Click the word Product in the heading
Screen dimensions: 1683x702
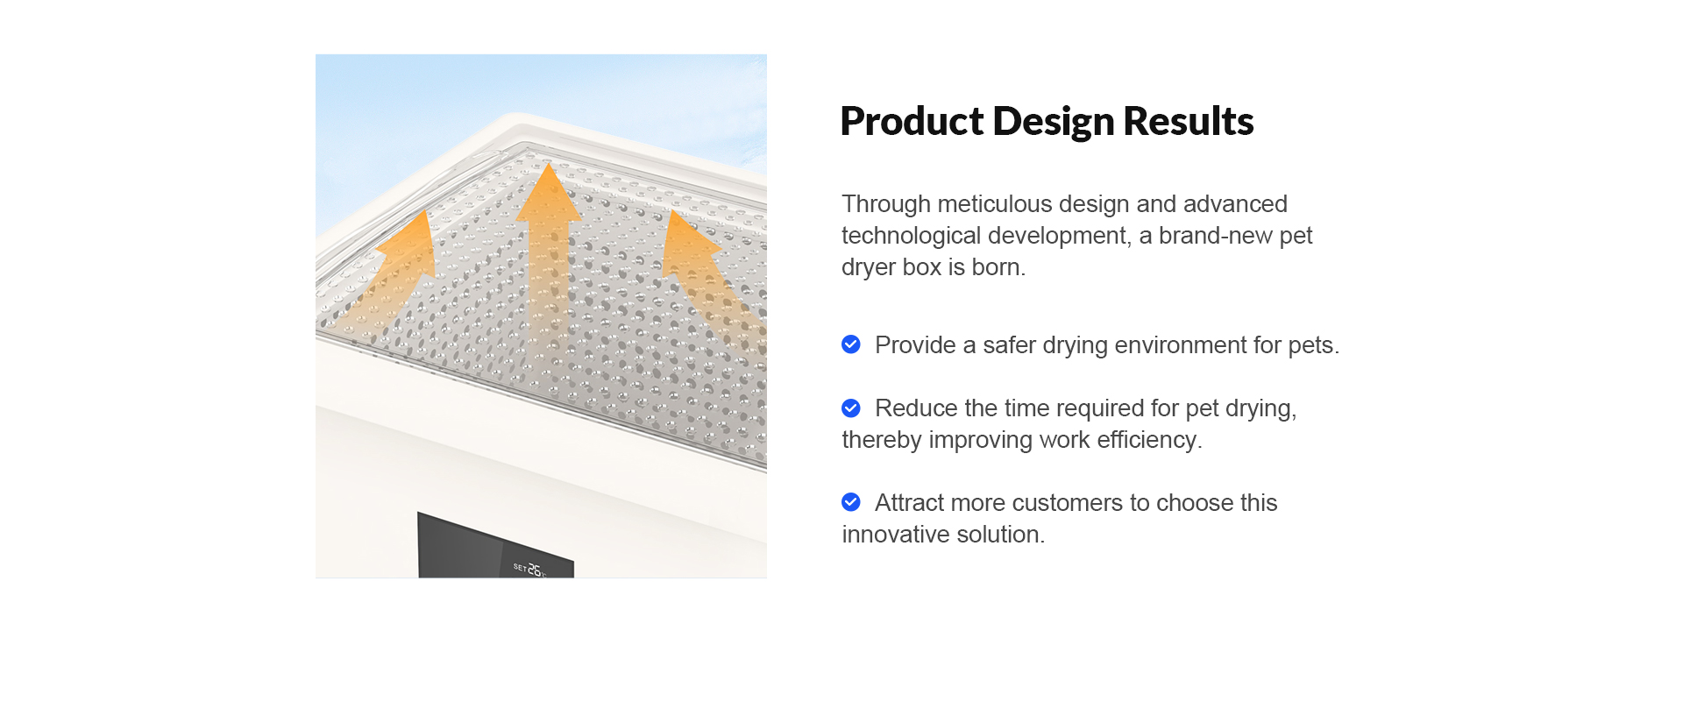[x=912, y=121]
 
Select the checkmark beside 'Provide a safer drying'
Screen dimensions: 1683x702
[x=850, y=344]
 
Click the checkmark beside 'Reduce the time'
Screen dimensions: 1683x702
[x=850, y=408]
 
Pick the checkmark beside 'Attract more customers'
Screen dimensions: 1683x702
[x=850, y=502]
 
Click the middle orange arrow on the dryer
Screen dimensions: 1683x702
[x=548, y=254]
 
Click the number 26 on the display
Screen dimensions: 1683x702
[x=534, y=569]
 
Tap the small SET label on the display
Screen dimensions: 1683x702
[x=520, y=567]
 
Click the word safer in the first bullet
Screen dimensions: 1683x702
[x=1009, y=345]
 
